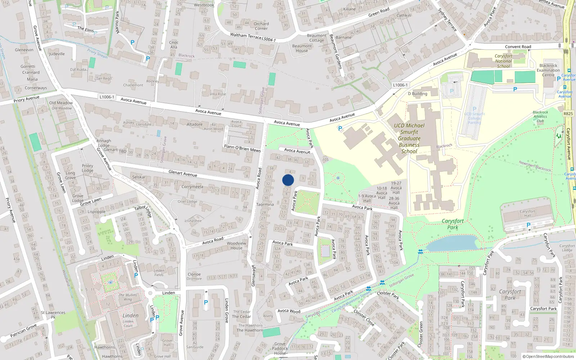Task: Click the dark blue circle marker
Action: [x=288, y=180]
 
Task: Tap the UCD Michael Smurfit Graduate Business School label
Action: [x=409, y=138]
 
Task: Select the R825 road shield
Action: [x=568, y=114]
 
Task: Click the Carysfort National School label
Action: [x=503, y=61]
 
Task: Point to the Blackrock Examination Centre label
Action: [x=548, y=70]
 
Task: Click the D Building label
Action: [x=418, y=94]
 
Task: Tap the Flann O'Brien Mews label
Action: [x=242, y=148]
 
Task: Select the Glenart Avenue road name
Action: [x=183, y=174]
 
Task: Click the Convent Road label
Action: [x=518, y=47]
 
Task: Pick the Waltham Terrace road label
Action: [x=246, y=36]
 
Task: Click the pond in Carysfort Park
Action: [x=452, y=243]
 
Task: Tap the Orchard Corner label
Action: [x=261, y=26]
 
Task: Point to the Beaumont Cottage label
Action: [x=316, y=38]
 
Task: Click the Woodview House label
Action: [x=237, y=246]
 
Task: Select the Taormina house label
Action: [x=265, y=204]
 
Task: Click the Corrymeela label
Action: [x=192, y=187]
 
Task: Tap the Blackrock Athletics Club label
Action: [x=540, y=116]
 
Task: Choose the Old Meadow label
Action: [x=61, y=103]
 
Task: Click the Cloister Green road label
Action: [x=420, y=335]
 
